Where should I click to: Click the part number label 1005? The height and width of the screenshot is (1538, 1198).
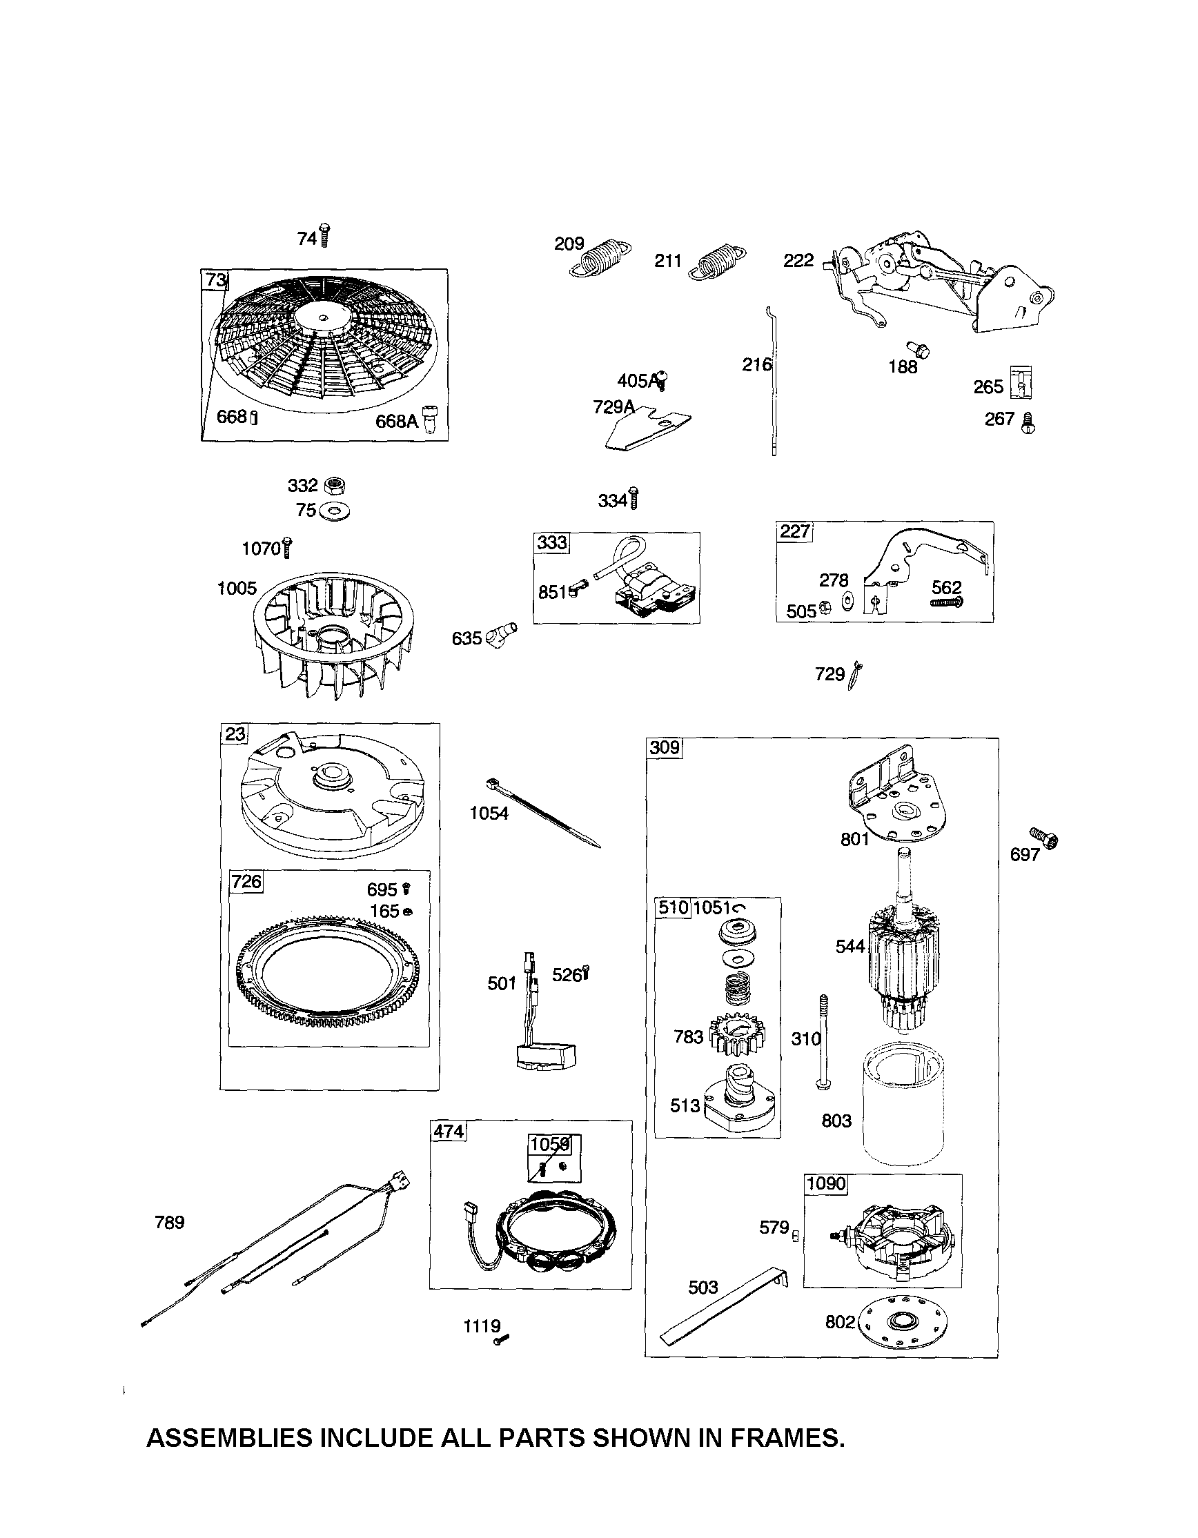[237, 588]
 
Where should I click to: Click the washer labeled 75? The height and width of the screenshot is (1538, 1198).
[334, 511]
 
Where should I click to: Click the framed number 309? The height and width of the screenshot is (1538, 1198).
[664, 747]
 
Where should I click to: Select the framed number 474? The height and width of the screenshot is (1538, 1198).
[449, 1132]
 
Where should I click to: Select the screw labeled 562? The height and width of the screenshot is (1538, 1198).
[947, 603]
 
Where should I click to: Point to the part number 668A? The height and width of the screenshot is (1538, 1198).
[397, 421]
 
